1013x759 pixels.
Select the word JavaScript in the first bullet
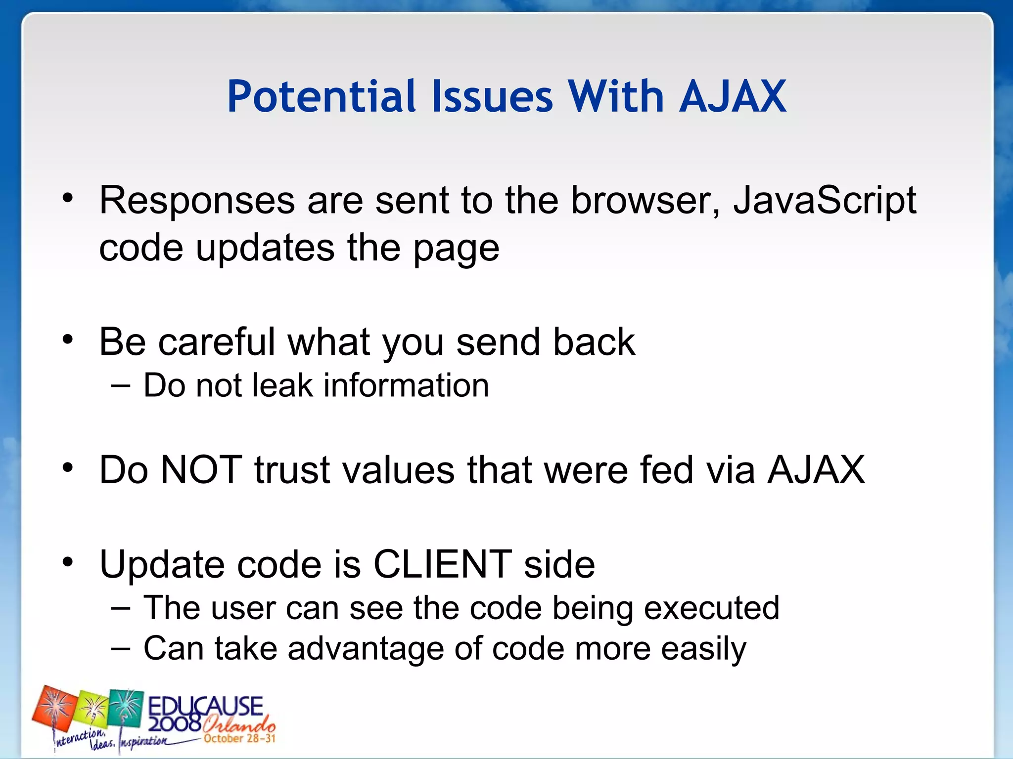click(x=825, y=201)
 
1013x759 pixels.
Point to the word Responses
click(x=197, y=201)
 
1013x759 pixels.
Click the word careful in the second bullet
click(x=216, y=341)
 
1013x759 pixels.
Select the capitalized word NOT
click(x=201, y=469)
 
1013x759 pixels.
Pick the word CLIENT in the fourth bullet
click(x=442, y=564)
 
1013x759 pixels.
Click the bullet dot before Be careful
click(x=68, y=339)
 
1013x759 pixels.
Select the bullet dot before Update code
click(x=68, y=562)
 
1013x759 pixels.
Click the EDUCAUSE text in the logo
click(x=205, y=705)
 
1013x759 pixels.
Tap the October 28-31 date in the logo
click(x=239, y=739)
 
